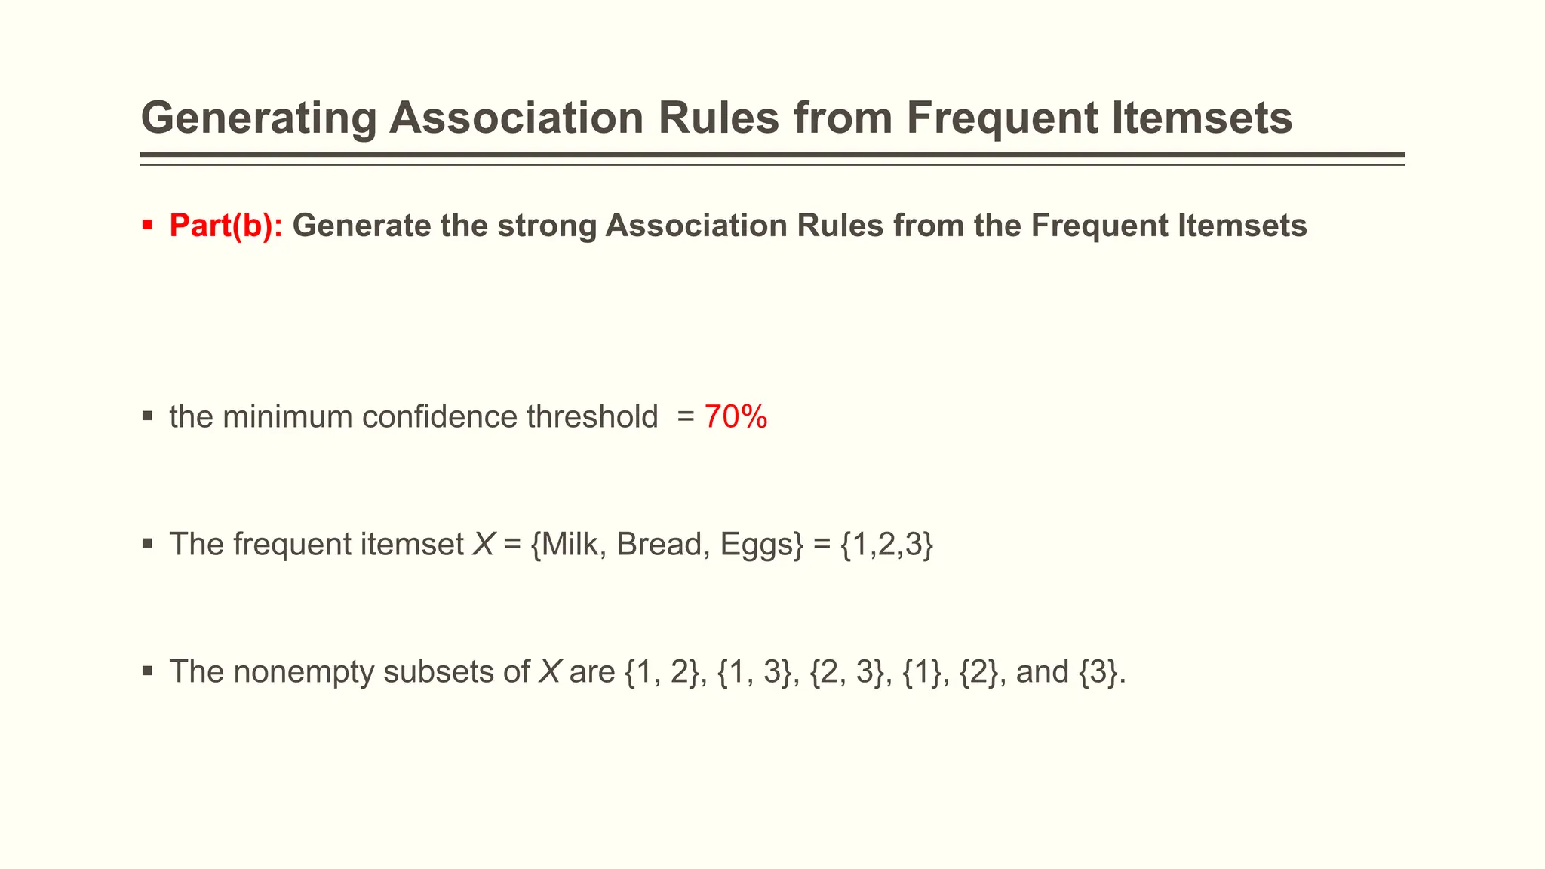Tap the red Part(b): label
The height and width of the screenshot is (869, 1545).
click(x=226, y=226)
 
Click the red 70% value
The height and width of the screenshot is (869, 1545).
click(x=736, y=417)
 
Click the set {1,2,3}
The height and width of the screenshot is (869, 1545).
click(x=886, y=545)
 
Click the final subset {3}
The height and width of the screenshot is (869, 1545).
click(x=1098, y=672)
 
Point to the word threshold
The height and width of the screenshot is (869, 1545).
click(x=592, y=417)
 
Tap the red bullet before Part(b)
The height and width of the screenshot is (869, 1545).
click(x=147, y=225)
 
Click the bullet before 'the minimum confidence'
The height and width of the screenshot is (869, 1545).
click(x=147, y=416)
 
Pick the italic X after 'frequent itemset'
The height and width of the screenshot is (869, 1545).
click(x=483, y=545)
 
